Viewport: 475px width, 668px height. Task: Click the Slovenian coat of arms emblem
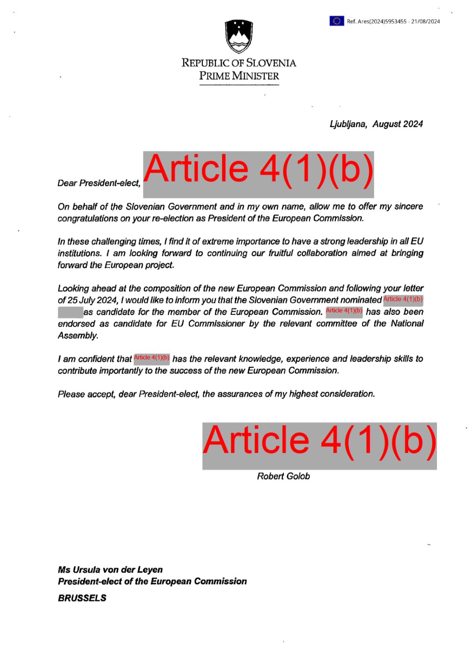point(239,36)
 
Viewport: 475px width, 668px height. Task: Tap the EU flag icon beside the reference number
point(336,21)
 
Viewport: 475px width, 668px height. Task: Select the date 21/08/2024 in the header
point(425,21)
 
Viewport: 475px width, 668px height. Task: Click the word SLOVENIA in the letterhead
point(271,63)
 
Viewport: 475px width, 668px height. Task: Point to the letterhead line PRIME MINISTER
point(239,76)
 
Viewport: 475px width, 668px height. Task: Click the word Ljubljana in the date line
point(348,124)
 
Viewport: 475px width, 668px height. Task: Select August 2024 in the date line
point(398,124)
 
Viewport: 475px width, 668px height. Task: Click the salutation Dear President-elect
point(99,183)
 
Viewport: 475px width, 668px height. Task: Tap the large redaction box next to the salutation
point(258,174)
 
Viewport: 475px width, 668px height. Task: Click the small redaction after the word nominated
point(403,300)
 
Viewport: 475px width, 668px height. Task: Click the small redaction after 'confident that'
point(151,358)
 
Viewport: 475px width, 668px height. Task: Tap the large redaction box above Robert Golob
point(319,446)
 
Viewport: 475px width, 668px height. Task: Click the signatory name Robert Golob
point(283,476)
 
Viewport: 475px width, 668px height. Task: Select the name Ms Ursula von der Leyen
point(110,570)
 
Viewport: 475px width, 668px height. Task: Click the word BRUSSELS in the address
point(82,598)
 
